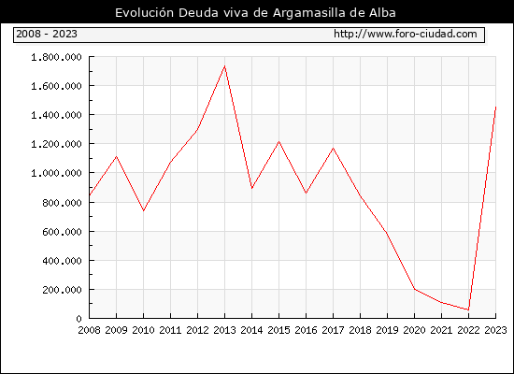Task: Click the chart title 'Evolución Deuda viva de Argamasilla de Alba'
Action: tap(255, 13)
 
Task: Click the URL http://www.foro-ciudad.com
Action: tap(406, 34)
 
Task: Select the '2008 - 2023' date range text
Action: tap(47, 34)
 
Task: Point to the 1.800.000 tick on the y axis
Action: tap(56, 57)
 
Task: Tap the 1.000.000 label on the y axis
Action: tap(56, 173)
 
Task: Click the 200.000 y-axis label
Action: tap(62, 290)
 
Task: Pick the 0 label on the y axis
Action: tap(79, 319)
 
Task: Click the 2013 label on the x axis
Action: tap(224, 330)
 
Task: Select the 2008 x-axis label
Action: tap(89, 330)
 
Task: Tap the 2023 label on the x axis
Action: tap(495, 330)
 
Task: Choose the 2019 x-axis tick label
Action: tap(387, 330)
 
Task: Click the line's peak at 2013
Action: tap(224, 66)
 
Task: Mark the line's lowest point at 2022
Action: tap(468, 309)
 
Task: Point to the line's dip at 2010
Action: tap(143, 210)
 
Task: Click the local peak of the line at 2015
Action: tap(279, 142)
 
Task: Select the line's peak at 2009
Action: tap(117, 156)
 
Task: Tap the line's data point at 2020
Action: tap(414, 289)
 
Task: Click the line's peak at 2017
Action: tap(333, 148)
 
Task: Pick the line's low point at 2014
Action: tap(251, 188)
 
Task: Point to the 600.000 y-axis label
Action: tap(62, 232)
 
